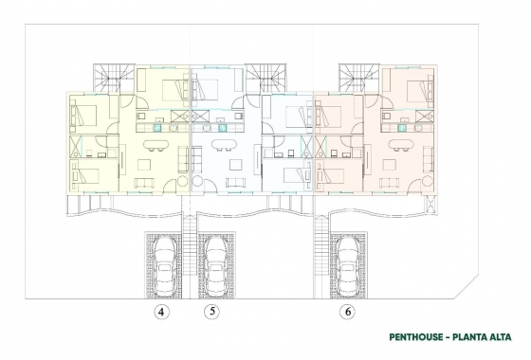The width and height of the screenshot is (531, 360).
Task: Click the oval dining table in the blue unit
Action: point(224,145)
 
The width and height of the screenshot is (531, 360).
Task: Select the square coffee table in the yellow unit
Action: point(145,181)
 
